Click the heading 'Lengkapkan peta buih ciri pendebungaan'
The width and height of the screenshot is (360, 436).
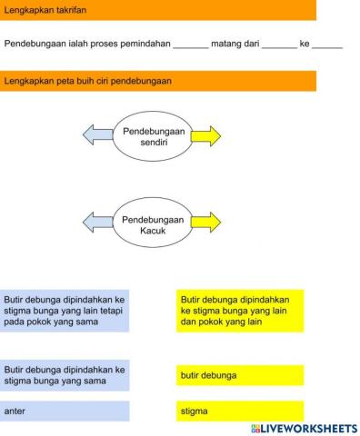pos(88,81)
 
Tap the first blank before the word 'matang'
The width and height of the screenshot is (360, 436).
pos(190,44)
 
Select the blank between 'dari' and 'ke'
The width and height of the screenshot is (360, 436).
pos(279,44)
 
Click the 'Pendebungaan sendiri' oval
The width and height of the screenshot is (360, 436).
pos(153,137)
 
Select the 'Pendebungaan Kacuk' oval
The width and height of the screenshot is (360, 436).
pos(153,221)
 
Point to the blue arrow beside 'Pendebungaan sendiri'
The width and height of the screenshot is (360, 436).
pos(97,137)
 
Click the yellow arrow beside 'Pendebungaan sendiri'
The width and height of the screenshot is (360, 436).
pos(206,137)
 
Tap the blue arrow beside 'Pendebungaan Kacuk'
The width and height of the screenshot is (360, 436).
pos(97,221)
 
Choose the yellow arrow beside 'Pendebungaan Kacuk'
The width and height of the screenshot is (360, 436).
pos(206,221)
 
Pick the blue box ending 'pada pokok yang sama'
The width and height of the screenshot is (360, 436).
pos(65,310)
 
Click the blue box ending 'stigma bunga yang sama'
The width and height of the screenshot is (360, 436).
pos(65,375)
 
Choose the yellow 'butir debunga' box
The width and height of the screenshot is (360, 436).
pos(240,375)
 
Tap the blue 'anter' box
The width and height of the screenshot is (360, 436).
pos(65,411)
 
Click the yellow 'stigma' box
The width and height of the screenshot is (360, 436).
pos(240,411)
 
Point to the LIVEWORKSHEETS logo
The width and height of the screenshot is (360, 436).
pos(301,428)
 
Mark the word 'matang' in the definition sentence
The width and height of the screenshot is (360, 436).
pos(226,44)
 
